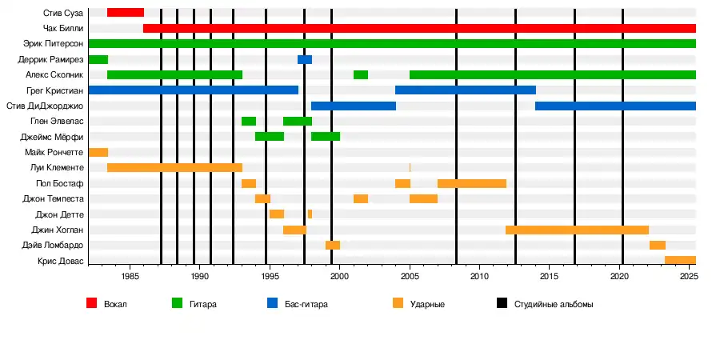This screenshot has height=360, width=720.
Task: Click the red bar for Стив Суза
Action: [126, 13]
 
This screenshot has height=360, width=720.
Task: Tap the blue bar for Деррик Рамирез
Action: [305, 60]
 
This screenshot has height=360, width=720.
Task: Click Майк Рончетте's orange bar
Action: [98, 152]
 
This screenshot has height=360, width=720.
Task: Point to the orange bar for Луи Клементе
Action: [174, 168]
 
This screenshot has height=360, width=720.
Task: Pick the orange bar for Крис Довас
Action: [680, 260]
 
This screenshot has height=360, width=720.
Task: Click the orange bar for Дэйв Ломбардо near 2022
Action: [658, 245]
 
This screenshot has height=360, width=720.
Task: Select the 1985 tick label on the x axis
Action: [130, 276]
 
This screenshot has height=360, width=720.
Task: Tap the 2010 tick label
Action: [479, 276]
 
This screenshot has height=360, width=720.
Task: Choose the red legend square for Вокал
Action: [92, 304]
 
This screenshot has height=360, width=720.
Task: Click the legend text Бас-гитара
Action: [306, 305]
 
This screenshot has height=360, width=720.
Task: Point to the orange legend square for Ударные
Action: [398, 304]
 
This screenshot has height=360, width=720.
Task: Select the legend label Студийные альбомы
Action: [554, 305]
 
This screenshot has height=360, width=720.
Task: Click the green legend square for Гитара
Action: [178, 304]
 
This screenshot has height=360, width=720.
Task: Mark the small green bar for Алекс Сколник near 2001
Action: [361, 75]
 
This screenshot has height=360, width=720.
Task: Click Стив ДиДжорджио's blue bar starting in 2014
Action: [615, 106]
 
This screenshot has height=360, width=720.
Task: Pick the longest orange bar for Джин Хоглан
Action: [577, 230]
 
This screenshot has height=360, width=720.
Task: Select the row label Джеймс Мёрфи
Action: [52, 137]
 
